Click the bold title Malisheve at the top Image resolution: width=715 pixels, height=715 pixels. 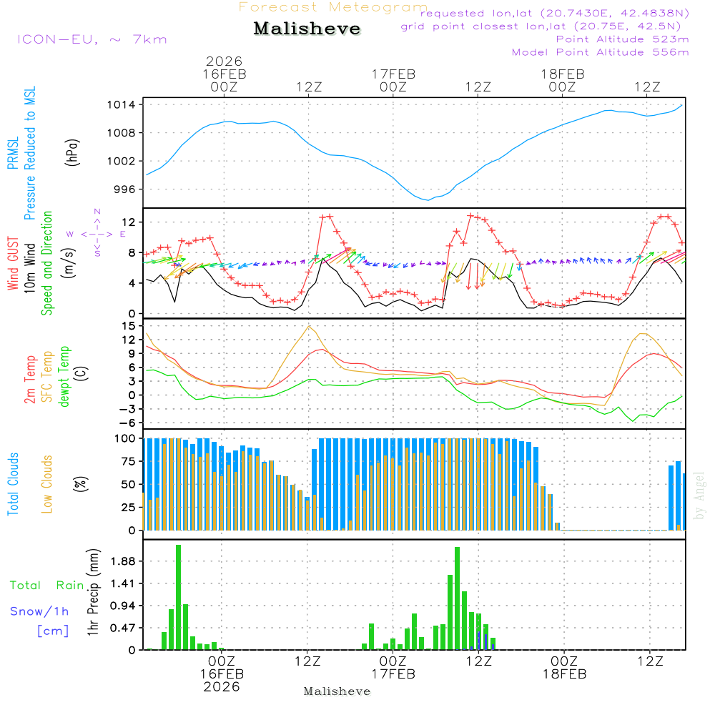[307, 29]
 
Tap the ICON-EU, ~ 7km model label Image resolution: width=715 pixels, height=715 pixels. [92, 39]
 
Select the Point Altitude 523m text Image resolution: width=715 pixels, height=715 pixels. [622, 39]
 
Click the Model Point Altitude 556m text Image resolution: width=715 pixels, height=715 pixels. [601, 52]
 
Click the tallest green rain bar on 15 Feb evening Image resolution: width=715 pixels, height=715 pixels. [178, 597]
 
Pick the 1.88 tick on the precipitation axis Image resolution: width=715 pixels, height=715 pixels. [122, 562]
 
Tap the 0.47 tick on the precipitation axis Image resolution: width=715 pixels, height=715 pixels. [122, 628]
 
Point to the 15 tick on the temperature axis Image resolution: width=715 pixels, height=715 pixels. [129, 325]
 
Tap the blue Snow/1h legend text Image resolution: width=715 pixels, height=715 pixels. [39, 611]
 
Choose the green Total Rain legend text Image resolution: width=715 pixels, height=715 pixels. [46, 585]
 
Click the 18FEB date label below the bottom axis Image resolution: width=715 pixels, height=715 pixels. [564, 674]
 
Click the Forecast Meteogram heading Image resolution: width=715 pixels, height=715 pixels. [333, 8]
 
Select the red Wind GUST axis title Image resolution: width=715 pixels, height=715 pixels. [13, 265]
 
